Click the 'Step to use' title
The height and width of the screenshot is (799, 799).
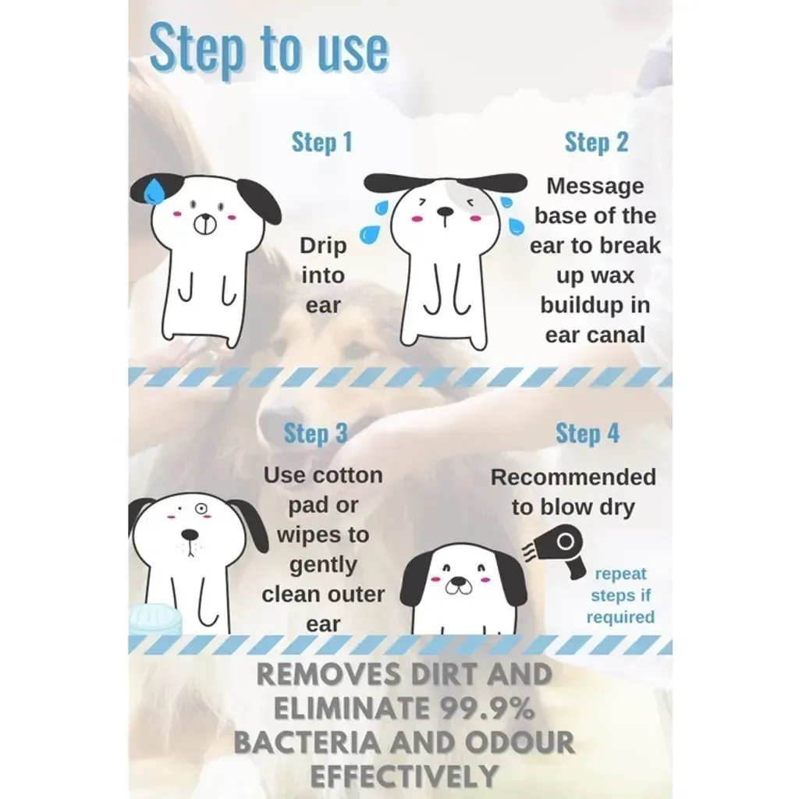(x=268, y=48)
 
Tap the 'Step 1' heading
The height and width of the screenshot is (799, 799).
(x=321, y=143)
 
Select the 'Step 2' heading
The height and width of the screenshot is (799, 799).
(x=596, y=143)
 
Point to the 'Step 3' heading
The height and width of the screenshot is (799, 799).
(x=315, y=434)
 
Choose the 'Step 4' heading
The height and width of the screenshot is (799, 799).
(x=587, y=434)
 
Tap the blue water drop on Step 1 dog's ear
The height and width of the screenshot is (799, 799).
(x=158, y=190)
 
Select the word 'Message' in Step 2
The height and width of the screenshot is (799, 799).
(x=595, y=186)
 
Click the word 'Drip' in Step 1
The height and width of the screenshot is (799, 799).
(x=322, y=246)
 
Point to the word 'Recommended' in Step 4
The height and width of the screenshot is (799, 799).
(x=573, y=478)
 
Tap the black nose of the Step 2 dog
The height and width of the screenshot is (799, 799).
(x=445, y=211)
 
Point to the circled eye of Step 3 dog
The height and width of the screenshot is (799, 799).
(x=201, y=509)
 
